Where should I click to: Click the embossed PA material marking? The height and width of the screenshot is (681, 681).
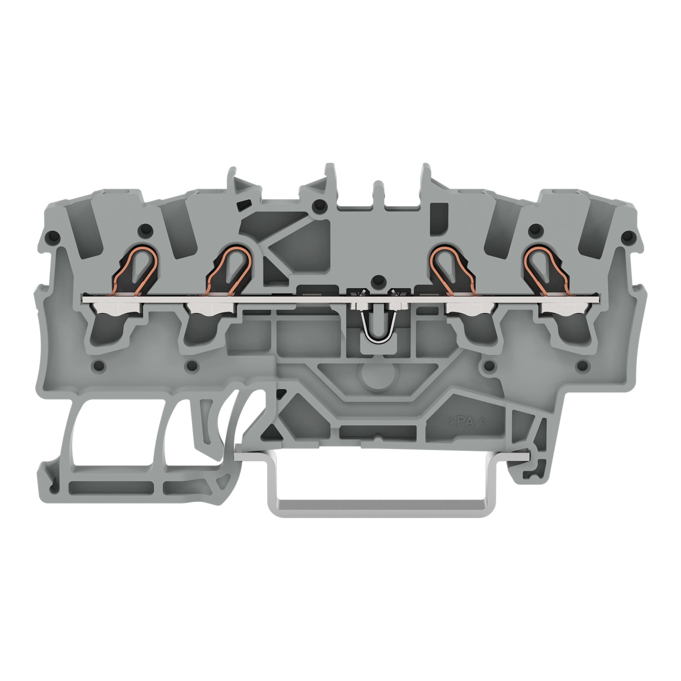coord(466,421)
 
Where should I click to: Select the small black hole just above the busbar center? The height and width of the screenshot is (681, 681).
coord(378,281)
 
